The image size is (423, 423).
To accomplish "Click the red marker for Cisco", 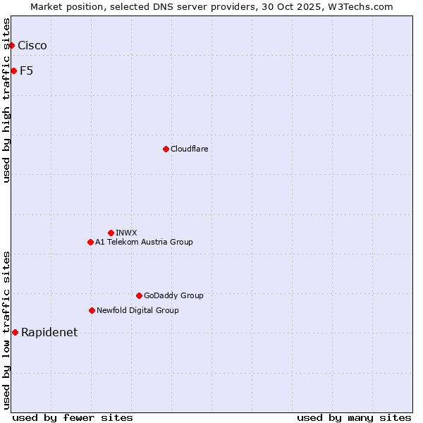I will [x=11, y=46].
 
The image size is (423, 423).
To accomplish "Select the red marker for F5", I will [x=13, y=70].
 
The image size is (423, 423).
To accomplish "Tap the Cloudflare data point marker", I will [x=166, y=149].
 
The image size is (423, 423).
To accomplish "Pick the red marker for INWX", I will [x=111, y=233].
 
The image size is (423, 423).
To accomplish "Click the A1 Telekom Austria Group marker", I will [x=90, y=242].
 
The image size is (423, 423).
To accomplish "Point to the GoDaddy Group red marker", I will [x=139, y=295].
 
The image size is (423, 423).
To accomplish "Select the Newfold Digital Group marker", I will [x=92, y=310].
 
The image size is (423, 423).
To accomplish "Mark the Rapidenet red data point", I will [x=15, y=332].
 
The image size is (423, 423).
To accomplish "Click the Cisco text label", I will [x=32, y=46].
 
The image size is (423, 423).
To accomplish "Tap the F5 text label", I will [x=27, y=70].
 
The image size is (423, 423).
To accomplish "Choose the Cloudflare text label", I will [x=190, y=149].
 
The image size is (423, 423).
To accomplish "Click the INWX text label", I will [x=126, y=233].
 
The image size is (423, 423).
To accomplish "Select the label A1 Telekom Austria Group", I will [x=144, y=242].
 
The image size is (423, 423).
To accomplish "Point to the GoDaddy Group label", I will [x=173, y=295].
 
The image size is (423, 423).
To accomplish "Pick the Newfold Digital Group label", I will [x=137, y=310].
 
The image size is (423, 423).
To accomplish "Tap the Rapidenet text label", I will [x=49, y=333].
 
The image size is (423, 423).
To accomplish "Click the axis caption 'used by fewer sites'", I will [x=73, y=417].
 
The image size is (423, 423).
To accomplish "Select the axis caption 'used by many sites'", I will [x=354, y=417].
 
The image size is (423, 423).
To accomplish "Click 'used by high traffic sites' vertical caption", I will [x=7, y=100].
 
